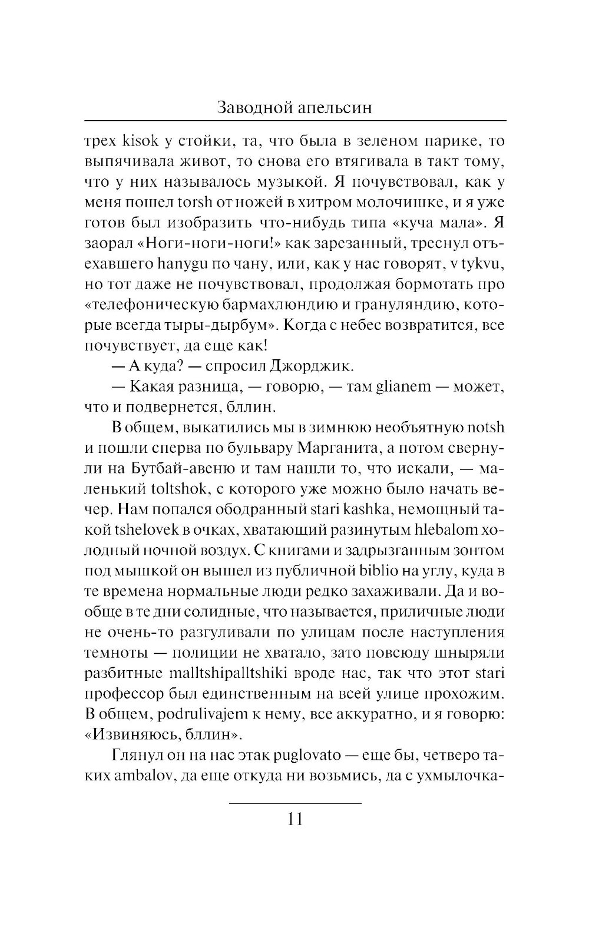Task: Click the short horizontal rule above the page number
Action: (x=294, y=802)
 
